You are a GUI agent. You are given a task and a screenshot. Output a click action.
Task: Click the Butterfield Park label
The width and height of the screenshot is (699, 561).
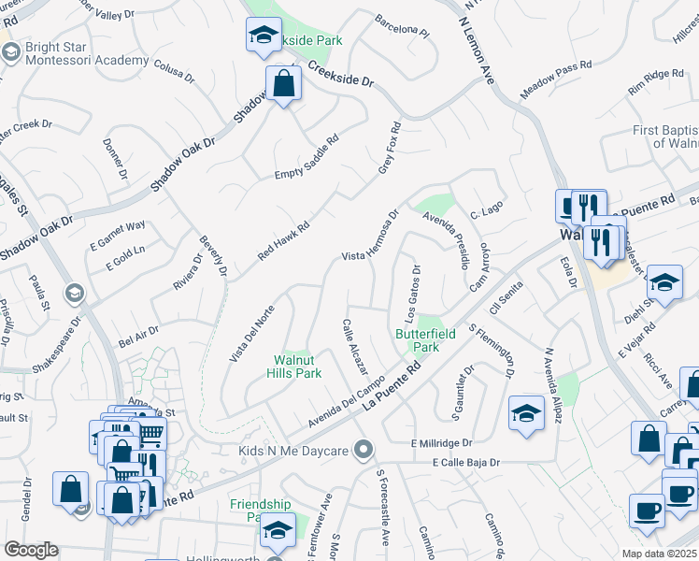(416, 339)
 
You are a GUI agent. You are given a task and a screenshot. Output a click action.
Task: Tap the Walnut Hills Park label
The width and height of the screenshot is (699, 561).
(297, 367)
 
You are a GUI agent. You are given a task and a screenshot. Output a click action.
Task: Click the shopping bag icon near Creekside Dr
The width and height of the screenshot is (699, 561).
(281, 85)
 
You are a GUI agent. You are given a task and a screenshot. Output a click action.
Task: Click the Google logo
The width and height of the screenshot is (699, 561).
(31, 550)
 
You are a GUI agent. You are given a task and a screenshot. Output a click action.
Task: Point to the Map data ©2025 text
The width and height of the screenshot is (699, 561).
(660, 554)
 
